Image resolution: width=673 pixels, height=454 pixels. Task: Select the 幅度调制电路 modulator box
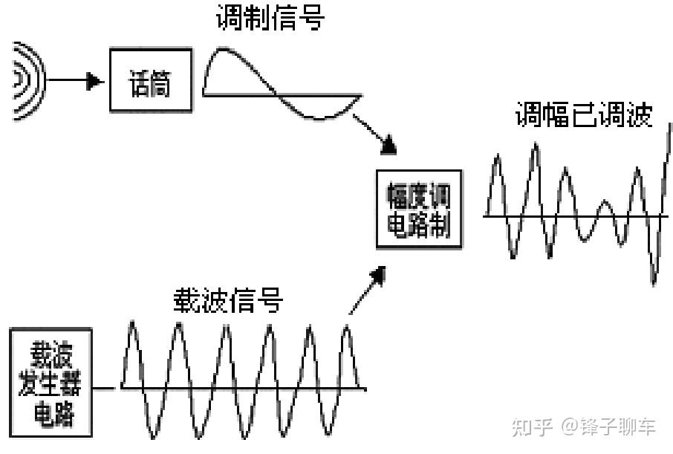pos(418,209)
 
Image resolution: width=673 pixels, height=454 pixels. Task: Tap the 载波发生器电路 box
pos(52,382)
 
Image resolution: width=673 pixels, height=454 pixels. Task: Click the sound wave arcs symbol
pos(27,80)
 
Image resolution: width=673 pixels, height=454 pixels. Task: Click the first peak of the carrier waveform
pos(133,322)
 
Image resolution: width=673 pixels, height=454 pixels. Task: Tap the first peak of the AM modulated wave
pos(497,157)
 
